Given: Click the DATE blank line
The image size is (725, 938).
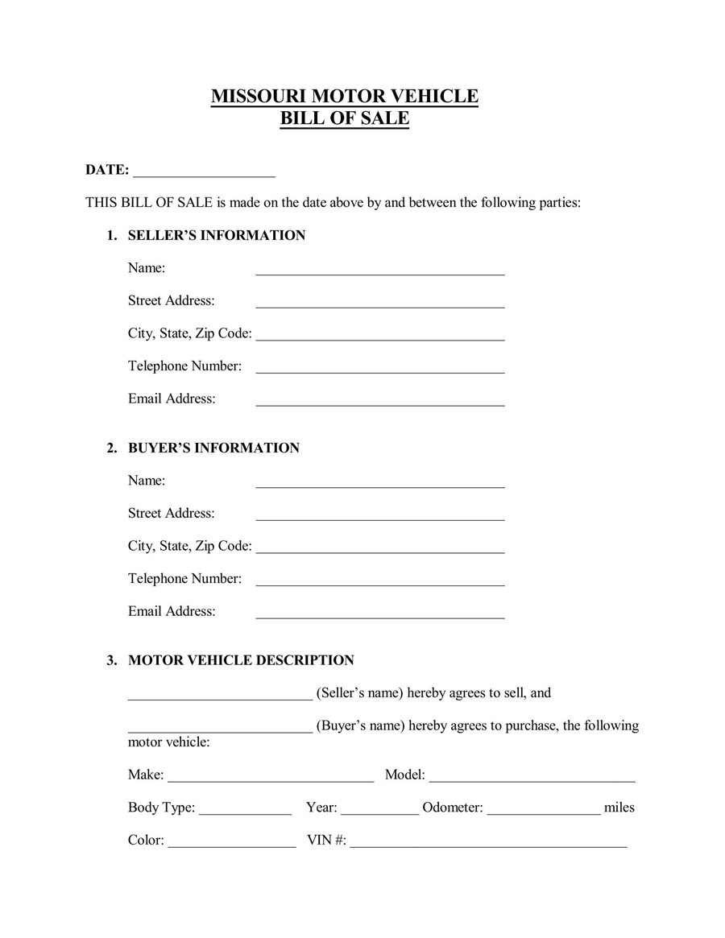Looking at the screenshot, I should click(x=204, y=172).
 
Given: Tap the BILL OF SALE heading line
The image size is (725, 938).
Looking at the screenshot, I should click(x=344, y=119).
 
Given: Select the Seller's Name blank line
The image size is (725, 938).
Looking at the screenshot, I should click(x=379, y=271).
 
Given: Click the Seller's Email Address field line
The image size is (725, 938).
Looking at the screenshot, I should click(x=379, y=402).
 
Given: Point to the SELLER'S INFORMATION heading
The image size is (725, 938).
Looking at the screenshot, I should click(x=216, y=235).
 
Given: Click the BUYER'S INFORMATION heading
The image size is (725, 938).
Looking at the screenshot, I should click(x=213, y=448).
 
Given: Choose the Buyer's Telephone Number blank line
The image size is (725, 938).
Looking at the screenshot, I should click(x=379, y=582).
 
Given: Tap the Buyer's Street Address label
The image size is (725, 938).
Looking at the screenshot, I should click(x=171, y=513).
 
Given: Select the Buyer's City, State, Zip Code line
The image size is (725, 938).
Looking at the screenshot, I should click(x=379, y=549).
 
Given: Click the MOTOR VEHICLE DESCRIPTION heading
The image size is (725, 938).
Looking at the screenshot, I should click(x=241, y=660).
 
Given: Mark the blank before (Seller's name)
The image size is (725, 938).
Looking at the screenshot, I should click(x=220, y=696).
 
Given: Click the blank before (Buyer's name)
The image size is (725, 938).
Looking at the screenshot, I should click(x=220, y=729).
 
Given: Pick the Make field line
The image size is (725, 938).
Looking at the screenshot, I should click(x=271, y=779).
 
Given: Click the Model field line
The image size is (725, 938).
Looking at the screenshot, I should click(x=532, y=779).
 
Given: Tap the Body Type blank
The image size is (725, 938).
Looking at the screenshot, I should click(x=245, y=812).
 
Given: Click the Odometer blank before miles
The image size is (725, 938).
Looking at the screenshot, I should click(x=544, y=812).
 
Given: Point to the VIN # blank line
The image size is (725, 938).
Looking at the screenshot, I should click(x=488, y=844).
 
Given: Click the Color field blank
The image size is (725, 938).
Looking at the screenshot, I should click(x=232, y=844).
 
